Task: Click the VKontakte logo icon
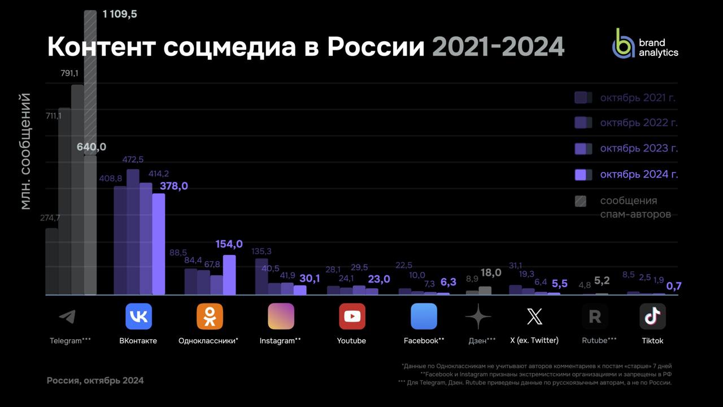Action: pos(138,317)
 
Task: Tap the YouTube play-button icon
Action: pos(352,317)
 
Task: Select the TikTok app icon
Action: pos(652,317)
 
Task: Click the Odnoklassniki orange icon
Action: pos(210,317)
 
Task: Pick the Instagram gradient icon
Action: pos(281,317)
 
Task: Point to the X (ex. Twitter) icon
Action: pos(534,317)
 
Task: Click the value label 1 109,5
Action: pos(120,14)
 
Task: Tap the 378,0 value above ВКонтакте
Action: pos(173,186)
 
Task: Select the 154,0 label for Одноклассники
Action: pos(229,244)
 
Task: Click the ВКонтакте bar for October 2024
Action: pos(159,244)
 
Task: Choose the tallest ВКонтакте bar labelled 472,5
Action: pos(133,232)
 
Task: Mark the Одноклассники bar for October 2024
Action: pos(229,275)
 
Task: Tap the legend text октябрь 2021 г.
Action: pos(638,98)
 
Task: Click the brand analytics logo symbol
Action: pos(624,44)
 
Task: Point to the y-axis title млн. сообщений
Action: pos(25,151)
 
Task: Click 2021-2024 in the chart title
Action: pos(498,47)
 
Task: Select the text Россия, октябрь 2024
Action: pos(95,380)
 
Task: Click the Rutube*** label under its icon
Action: pos(599,341)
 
